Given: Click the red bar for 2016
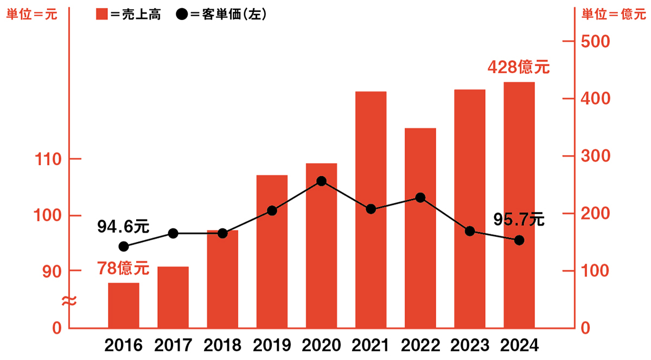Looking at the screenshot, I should (124, 305).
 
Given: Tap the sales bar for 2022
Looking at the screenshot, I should (420, 228).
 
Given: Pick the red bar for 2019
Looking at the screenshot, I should (272, 252).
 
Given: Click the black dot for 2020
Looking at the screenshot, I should (321, 181).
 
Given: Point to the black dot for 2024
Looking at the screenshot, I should (519, 240).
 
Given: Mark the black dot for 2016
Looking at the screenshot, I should (124, 247).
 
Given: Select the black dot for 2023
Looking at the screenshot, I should (470, 232).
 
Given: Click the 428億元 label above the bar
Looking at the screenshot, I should (518, 68).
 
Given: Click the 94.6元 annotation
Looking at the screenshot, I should (123, 226).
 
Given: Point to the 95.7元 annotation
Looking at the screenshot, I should (519, 220).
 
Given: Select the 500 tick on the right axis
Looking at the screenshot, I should (597, 42).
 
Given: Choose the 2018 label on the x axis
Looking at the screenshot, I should (222, 345).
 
